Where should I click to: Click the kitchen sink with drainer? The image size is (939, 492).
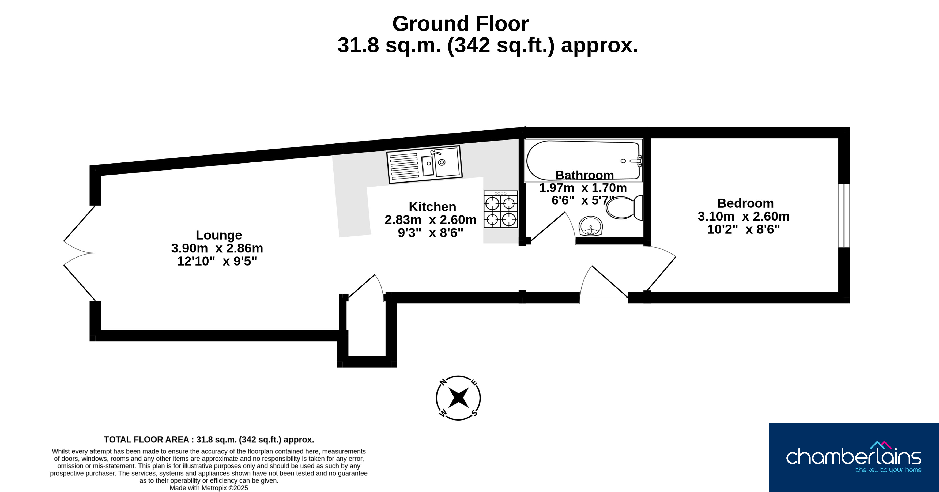pyautogui.click(x=425, y=164)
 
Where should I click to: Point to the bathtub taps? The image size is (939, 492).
pyautogui.click(x=637, y=161)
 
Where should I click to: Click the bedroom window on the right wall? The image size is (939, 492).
pyautogui.click(x=844, y=215)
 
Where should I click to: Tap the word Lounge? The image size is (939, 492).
pyautogui.click(x=219, y=235)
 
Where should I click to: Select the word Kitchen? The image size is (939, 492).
pyautogui.click(x=432, y=207)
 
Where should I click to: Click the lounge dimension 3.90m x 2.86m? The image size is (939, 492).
pyautogui.click(x=217, y=248)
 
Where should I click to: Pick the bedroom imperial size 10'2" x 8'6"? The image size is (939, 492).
pyautogui.click(x=744, y=229)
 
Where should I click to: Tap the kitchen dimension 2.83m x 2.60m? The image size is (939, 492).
pyautogui.click(x=431, y=220)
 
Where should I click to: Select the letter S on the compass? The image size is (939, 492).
pyautogui.click(x=474, y=413)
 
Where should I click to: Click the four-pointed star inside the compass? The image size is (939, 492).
pyautogui.click(x=458, y=398)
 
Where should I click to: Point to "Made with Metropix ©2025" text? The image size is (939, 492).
pyautogui.click(x=209, y=488)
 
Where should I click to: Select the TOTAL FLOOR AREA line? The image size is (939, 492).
pyautogui.click(x=209, y=440)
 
